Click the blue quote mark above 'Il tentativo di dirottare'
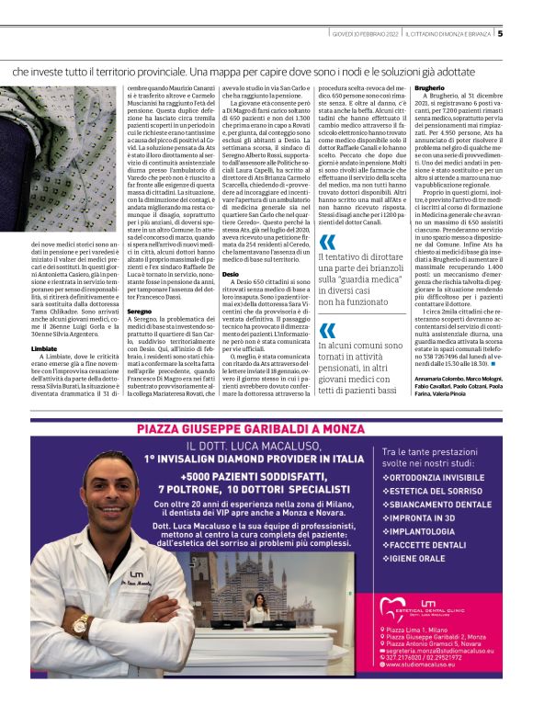[327, 244]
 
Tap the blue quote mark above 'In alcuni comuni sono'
[327, 331]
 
